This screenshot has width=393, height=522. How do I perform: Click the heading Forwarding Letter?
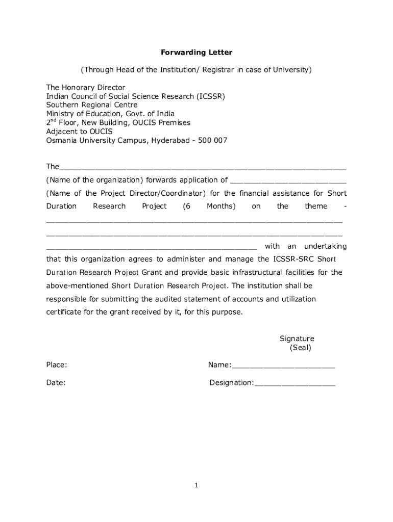coord(196,53)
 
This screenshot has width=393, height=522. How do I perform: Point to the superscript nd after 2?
coord(54,121)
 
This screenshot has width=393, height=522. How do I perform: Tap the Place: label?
coord(57,365)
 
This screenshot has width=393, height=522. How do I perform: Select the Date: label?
coord(56,383)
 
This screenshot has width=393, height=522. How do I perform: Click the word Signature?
coord(297,339)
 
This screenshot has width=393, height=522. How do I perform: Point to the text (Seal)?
coord(300,348)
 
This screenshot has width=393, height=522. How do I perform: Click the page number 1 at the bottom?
coord(196,486)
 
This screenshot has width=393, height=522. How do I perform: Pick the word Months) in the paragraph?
coord(221,206)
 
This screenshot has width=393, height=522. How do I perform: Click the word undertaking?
coord(325,247)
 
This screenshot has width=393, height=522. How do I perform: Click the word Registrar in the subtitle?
coord(213,70)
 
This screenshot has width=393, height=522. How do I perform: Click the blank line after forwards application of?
coord(288,180)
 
